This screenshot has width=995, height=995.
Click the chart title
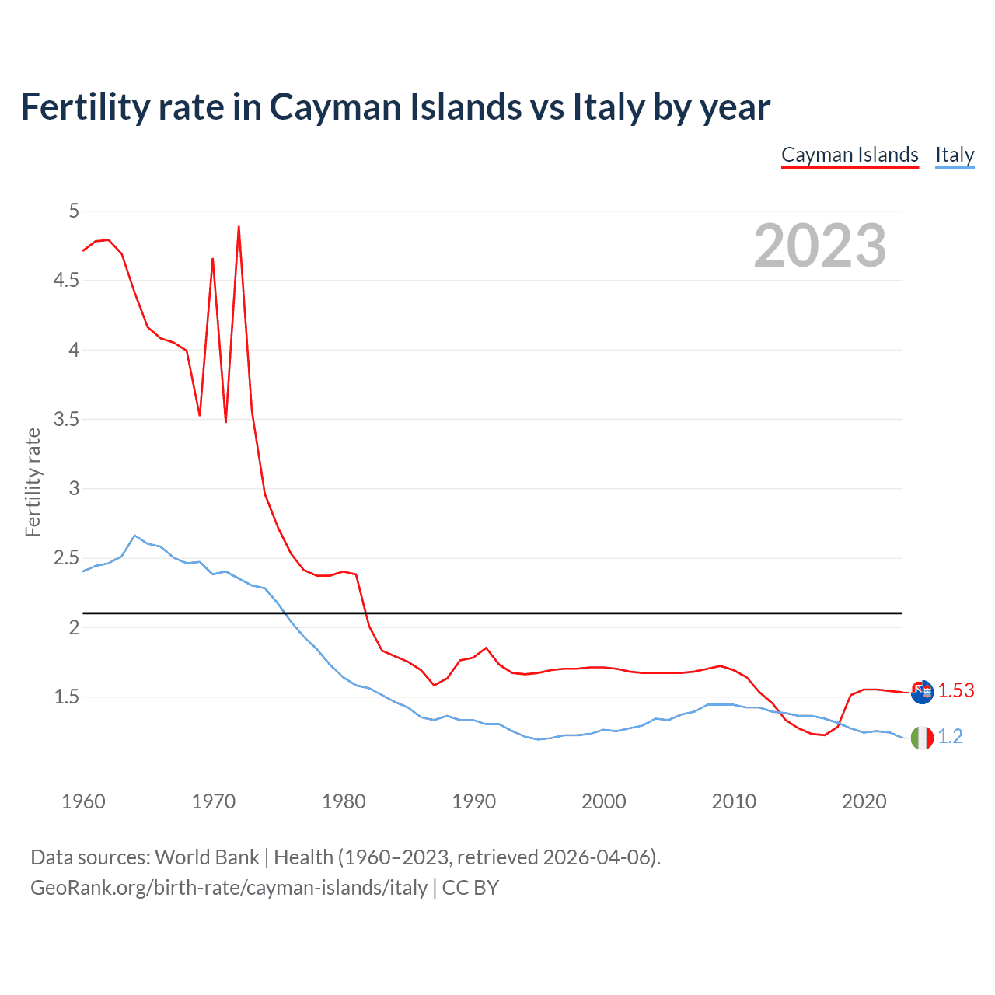click(x=395, y=107)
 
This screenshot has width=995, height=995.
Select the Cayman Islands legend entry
click(x=850, y=155)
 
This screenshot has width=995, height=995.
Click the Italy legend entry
click(x=955, y=155)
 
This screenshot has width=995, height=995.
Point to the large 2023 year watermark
click(x=819, y=246)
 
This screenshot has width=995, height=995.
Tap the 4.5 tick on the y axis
click(x=66, y=280)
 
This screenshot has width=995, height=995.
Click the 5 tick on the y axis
click(x=74, y=211)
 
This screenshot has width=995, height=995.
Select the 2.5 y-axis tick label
click(x=66, y=558)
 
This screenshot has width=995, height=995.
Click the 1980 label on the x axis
click(x=344, y=801)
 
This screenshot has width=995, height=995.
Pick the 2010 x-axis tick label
click(x=734, y=801)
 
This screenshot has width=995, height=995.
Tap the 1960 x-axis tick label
click(x=83, y=801)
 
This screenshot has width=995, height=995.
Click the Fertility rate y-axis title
click(x=33, y=482)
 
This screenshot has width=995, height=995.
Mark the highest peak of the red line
click(x=239, y=227)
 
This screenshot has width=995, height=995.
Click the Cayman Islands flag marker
click(x=922, y=691)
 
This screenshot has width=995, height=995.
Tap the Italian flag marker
click(x=922, y=737)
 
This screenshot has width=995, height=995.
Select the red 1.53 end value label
click(x=955, y=690)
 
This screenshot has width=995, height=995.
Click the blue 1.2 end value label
click(x=950, y=736)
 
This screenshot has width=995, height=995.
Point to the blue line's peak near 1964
click(x=134, y=536)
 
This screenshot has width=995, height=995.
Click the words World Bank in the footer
click(x=207, y=857)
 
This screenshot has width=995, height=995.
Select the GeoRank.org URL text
click(x=229, y=888)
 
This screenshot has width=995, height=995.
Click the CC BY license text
click(x=470, y=888)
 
